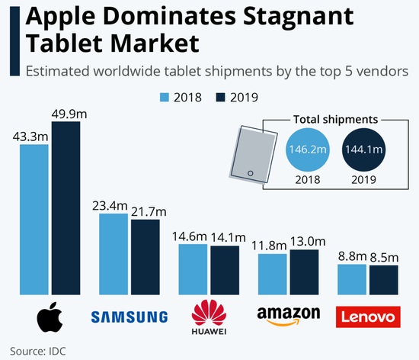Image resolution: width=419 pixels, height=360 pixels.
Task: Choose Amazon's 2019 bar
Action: coord(304,272)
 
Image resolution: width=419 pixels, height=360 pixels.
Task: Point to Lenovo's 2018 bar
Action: coord(351,279)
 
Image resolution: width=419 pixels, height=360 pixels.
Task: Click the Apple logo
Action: coord(50,317)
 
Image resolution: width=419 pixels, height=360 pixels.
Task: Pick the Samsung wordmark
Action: coord(130,317)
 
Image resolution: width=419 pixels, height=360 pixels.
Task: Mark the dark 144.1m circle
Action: coord(365,150)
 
